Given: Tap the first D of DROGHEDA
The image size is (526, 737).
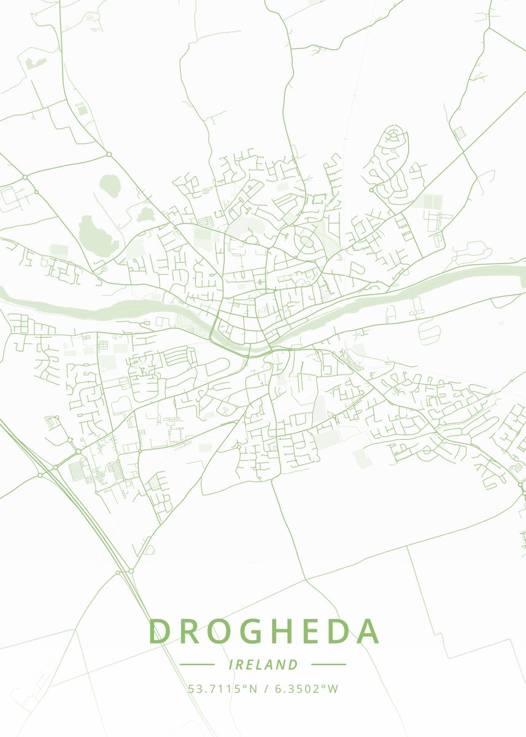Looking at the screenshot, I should [160, 631].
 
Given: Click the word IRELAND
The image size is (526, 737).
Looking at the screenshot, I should [263, 665].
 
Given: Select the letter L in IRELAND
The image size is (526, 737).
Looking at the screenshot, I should [264, 665].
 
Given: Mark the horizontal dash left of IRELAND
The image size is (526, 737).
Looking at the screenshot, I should [197, 665].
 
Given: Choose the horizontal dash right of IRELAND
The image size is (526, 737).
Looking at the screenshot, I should [328, 665].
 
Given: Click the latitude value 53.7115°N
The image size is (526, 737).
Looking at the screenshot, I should [223, 688].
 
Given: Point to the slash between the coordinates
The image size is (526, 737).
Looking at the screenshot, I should [265, 688].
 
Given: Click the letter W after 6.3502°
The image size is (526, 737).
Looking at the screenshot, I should [333, 688].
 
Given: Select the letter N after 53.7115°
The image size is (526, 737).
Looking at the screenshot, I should [253, 688].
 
